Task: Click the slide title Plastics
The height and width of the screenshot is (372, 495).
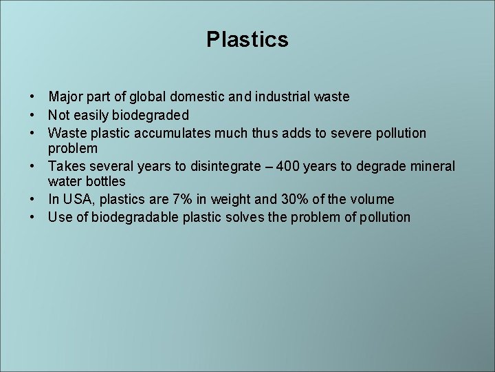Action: [x=247, y=39]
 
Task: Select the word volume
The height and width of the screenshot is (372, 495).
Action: [x=371, y=200]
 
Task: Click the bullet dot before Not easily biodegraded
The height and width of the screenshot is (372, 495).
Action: [x=33, y=115]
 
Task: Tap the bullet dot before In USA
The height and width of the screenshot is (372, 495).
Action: [x=33, y=200]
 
